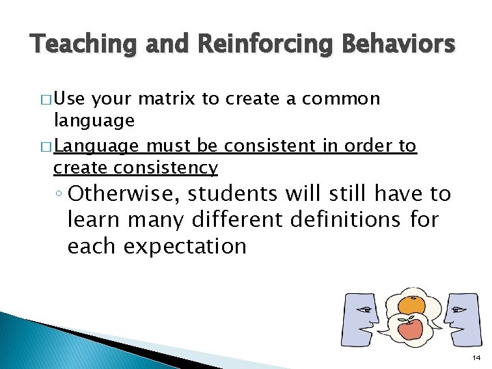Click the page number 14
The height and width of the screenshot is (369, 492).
476,357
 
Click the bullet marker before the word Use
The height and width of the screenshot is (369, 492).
45,99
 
